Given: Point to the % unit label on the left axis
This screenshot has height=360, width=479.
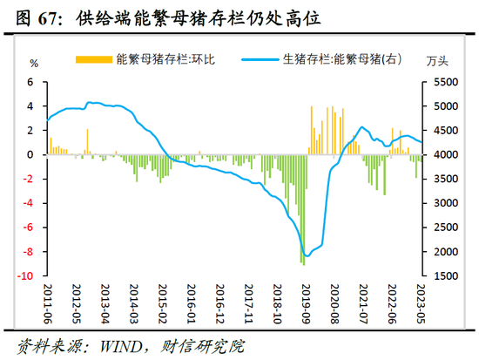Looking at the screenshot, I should tap(35, 63).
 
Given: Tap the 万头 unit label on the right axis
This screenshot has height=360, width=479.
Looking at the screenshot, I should tap(438, 63).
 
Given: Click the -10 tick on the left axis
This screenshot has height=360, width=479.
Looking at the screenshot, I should tap(27, 275).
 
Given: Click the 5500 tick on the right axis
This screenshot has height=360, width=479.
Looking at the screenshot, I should tap(442, 82).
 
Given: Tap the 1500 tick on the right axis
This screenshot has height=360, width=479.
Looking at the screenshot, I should tap(442, 275).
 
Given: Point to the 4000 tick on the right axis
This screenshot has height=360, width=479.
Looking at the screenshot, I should tap(442, 154).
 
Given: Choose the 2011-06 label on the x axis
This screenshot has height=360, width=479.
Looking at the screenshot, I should tap(50, 302).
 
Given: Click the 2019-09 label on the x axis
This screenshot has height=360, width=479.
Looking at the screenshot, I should tap(307, 302).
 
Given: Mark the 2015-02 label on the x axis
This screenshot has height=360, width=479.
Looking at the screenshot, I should tap(162, 302).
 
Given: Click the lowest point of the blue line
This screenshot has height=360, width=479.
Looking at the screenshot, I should tap(306, 255).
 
